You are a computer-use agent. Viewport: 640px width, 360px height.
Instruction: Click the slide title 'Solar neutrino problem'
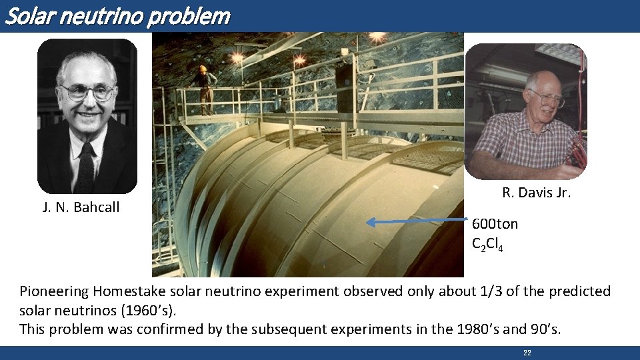pyautogui.click(x=117, y=15)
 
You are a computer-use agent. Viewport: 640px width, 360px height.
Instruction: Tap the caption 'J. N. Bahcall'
pyautogui.click(x=81, y=207)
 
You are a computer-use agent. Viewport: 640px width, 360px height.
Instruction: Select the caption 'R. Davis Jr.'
pyautogui.click(x=536, y=193)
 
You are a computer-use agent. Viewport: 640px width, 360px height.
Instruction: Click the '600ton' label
pyautogui.click(x=495, y=224)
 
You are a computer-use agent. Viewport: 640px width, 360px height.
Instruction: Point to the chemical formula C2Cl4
pyautogui.click(x=487, y=245)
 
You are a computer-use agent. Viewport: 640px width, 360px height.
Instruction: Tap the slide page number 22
pyautogui.click(x=527, y=353)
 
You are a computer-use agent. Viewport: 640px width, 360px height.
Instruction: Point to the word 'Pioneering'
pyautogui.click(x=55, y=291)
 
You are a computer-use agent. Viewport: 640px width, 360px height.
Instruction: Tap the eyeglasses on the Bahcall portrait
pyautogui.click(x=87, y=92)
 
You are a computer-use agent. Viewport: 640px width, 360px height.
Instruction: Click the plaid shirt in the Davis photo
pyautogui.click(x=527, y=143)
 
